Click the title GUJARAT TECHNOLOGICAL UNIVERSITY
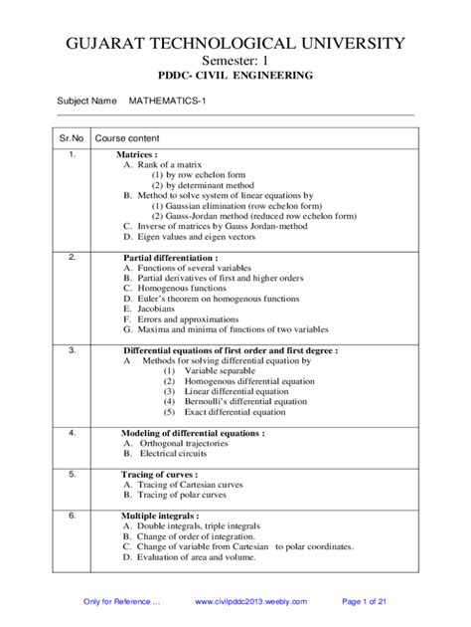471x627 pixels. [235, 44]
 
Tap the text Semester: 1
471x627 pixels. [235, 61]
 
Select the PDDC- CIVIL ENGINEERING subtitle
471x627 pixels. [235, 76]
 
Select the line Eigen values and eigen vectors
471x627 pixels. [193, 238]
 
